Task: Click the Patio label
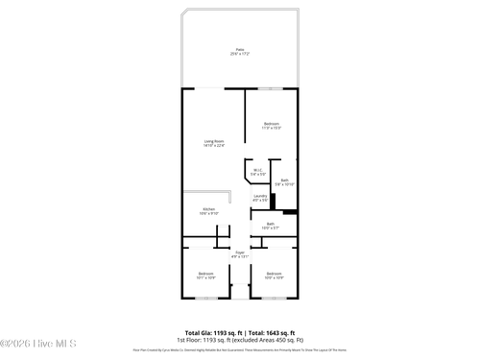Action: pos(239,49)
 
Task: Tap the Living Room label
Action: pos(213,141)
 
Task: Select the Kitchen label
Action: pos(208,208)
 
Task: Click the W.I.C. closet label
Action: pos(258,170)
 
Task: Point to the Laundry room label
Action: pos(259,195)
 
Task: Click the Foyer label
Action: pos(240,252)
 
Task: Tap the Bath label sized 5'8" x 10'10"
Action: pos(284,180)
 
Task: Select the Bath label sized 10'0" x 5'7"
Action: pos(270,224)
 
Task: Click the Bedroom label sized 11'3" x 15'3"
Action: pos(272,123)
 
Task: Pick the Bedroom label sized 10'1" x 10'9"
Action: pos(205,274)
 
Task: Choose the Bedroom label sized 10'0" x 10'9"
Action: pos(274,274)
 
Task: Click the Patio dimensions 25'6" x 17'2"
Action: pos(239,55)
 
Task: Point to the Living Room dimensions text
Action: pos(213,146)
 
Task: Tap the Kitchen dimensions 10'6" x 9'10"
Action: pos(208,213)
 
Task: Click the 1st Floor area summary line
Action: pos(239,340)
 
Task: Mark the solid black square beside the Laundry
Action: pos(274,202)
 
